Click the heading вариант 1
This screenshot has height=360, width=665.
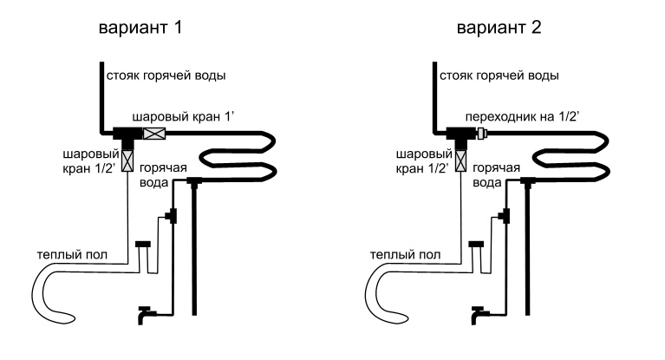[140, 28]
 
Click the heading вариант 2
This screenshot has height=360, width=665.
[499, 28]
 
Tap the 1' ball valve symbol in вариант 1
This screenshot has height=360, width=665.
[154, 134]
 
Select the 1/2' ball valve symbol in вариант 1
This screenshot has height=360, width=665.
[127, 160]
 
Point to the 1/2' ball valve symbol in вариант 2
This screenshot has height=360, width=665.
[461, 160]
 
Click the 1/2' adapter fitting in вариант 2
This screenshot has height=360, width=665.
[482, 134]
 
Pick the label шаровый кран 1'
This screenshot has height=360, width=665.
[183, 116]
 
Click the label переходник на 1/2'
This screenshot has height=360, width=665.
[522, 116]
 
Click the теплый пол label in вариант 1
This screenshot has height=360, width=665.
[72, 255]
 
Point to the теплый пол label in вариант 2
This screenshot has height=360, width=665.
[405, 255]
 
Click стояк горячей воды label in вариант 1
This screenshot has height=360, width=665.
[166, 75]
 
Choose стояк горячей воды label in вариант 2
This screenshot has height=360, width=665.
[499, 75]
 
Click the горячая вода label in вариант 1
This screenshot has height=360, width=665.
[163, 175]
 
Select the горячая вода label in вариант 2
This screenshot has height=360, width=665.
[496, 175]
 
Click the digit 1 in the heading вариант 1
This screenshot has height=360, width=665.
[177, 27]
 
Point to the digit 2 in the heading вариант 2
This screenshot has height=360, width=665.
[536, 27]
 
